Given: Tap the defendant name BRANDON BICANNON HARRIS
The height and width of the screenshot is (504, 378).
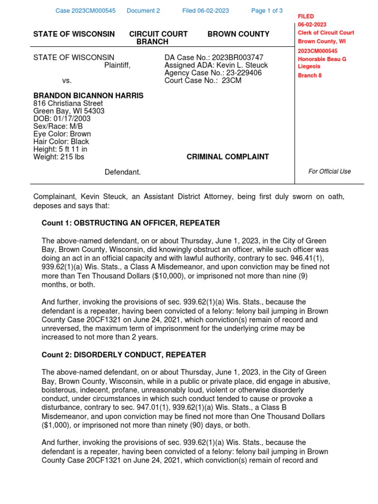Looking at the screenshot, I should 88,95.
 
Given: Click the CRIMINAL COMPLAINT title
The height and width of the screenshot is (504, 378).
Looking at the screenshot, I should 228,157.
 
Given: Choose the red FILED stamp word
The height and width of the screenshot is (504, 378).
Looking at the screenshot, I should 306,17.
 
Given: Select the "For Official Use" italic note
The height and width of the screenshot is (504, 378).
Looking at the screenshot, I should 329,172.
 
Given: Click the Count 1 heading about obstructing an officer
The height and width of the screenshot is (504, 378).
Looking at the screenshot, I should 130,223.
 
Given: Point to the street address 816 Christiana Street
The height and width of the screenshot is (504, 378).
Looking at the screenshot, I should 68,103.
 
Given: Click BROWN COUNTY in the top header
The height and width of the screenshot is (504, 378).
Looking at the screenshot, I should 238,34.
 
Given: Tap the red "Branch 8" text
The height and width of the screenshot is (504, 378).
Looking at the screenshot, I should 310,75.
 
